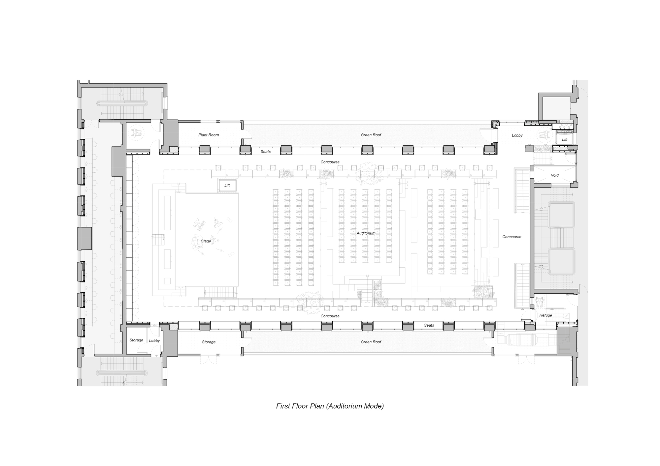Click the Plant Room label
click(209, 135)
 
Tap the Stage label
click(206, 241)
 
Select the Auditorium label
click(366, 233)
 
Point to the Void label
click(555, 175)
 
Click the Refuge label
click(546, 315)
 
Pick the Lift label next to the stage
click(227, 186)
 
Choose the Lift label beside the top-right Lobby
click(565, 140)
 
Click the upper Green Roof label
click(371, 135)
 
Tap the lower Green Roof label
click(371, 342)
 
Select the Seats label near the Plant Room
click(266, 152)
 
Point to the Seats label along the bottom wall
click(429, 325)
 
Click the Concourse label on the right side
click(512, 237)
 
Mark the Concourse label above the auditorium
click(330, 162)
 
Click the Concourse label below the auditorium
click(330, 316)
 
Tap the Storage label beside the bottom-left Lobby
click(136, 340)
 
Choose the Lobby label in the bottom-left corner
click(154, 341)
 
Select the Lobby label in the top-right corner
click(517, 135)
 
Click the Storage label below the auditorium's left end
click(209, 342)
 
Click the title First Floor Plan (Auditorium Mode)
click(330, 406)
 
